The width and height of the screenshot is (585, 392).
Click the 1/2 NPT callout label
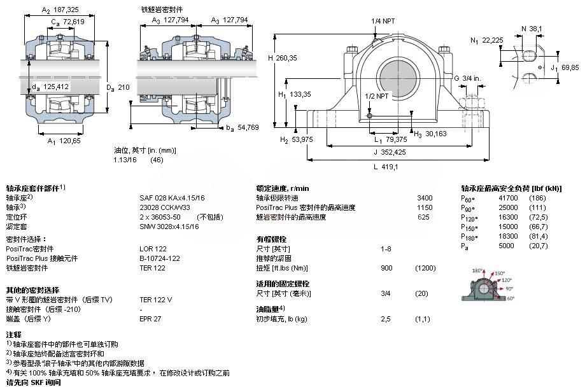pyautogui.click(x=377, y=95)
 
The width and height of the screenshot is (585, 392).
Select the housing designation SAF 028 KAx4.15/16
pyautogui.click(x=172, y=198)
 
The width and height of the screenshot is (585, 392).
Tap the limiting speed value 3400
pyautogui.click(x=424, y=198)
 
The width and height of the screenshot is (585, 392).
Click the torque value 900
pyautogui.click(x=386, y=269)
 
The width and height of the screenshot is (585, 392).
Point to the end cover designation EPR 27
pyautogui.click(x=150, y=318)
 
